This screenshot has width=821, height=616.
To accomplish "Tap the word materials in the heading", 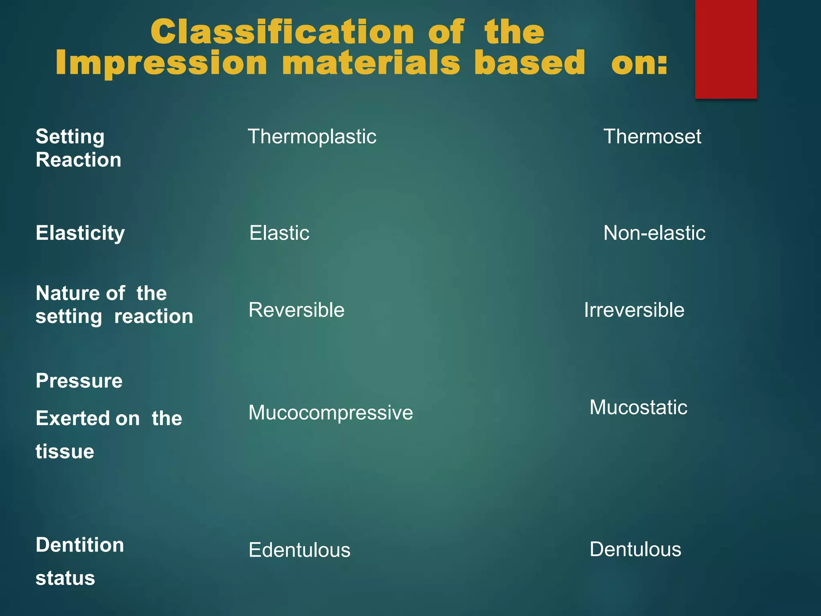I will (371, 63).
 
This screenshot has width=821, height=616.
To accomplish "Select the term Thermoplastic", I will (312, 137).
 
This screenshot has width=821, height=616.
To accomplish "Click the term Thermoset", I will (652, 137).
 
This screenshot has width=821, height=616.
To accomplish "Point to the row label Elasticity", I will (80, 233).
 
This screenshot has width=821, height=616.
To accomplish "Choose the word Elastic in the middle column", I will (279, 233).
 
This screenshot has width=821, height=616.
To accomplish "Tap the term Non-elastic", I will (654, 233).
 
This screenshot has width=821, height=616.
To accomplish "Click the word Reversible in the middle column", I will (296, 310).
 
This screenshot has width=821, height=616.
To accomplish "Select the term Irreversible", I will (634, 310).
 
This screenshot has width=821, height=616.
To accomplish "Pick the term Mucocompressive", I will (330, 413).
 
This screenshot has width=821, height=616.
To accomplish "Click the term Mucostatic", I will (638, 407).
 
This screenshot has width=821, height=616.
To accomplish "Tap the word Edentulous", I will (299, 550).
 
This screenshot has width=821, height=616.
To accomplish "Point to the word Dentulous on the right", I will (635, 549).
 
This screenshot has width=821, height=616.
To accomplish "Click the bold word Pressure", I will (79, 381).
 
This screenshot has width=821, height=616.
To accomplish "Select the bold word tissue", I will (65, 452).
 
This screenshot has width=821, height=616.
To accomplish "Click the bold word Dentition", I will (80, 545).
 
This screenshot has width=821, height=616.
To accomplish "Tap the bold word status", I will (65, 578).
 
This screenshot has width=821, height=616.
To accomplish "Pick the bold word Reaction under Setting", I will (78, 160).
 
